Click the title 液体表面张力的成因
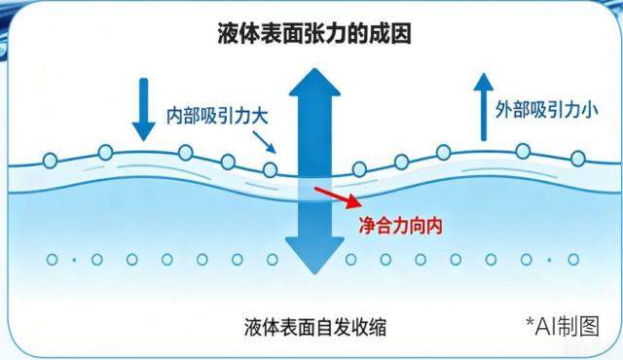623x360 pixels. pyautogui.click(x=313, y=33)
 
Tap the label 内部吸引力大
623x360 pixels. pyautogui.click(x=217, y=117)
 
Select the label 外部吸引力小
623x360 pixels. pyautogui.click(x=546, y=109)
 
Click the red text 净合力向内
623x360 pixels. pyautogui.click(x=400, y=226)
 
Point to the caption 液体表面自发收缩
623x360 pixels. pyautogui.click(x=315, y=328)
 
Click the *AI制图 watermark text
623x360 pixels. pyautogui.click(x=563, y=326)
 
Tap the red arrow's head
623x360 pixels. pyautogui.click(x=353, y=201)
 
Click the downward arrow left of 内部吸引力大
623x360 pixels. pyautogui.click(x=143, y=110)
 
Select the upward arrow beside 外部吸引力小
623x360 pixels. pyautogui.click(x=484, y=107)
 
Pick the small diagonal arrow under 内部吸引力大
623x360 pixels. pyautogui.click(x=264, y=142)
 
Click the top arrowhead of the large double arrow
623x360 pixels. pyautogui.click(x=314, y=82)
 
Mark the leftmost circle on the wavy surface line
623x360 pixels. pyautogui.click(x=51, y=161)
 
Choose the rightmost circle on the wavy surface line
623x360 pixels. pyautogui.click(x=578, y=159)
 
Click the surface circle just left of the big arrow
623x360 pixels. pyautogui.click(x=271, y=170)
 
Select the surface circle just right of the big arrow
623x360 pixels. pyautogui.click(x=359, y=169)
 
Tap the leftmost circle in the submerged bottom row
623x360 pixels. pyautogui.click(x=53, y=260)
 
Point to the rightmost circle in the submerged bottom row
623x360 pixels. pyautogui.click(x=573, y=260)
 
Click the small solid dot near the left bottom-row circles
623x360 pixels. pyautogui.click(x=74, y=260)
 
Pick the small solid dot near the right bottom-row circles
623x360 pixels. pyautogui.click(x=549, y=260)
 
